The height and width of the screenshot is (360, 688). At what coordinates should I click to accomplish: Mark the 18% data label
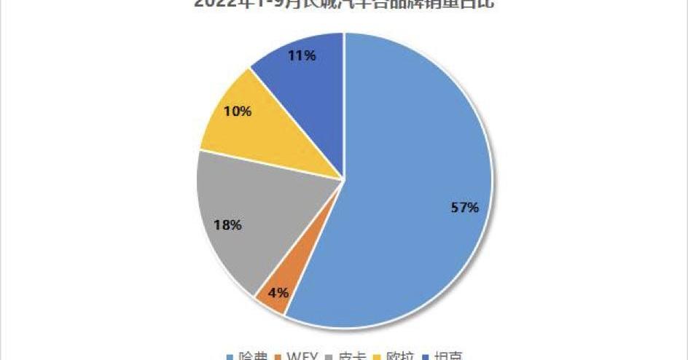click(227, 225)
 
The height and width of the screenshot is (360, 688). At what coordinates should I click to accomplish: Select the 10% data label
click(238, 111)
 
